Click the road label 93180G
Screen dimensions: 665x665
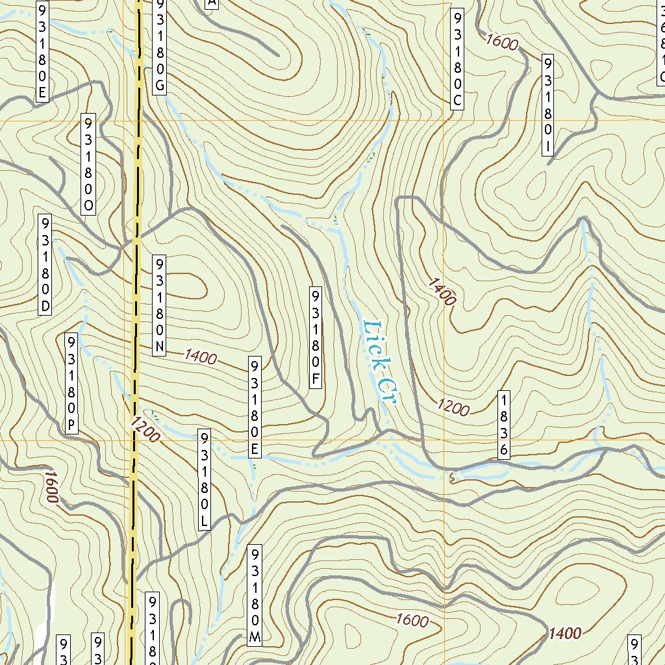160,47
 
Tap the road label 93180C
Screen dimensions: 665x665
458,59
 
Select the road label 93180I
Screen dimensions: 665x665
548,105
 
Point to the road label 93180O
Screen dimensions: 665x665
88,165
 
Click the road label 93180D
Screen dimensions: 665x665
45,264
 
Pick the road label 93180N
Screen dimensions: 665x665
160,305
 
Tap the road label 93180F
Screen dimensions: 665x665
316,337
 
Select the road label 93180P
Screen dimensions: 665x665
71,383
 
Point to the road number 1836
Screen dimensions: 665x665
503,425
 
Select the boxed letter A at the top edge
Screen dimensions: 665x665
211,4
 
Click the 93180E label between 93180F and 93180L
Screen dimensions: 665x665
255,406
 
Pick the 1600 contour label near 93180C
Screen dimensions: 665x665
501,42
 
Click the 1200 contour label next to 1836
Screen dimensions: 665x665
453,407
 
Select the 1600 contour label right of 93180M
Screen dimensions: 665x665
411,620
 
